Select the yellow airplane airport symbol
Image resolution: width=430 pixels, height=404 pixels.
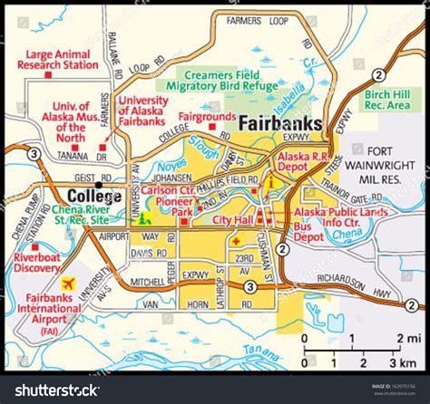coord(65,283)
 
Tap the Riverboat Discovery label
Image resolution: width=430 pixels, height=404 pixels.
coord(37,260)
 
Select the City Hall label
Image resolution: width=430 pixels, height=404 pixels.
coord(231,218)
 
